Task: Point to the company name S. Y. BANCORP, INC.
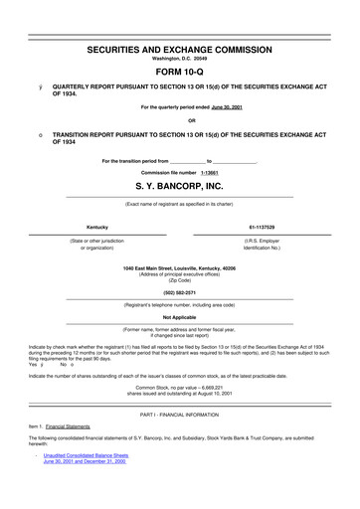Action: pyautogui.click(x=179, y=186)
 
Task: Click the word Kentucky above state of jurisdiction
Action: pyautogui.click(x=97, y=228)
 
